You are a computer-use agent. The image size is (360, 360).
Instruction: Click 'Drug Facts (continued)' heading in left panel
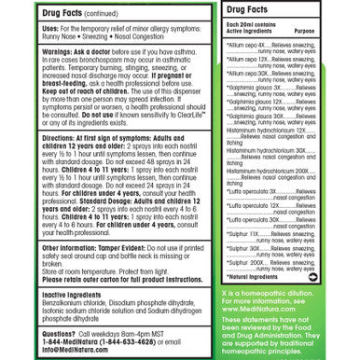coord(79,15)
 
